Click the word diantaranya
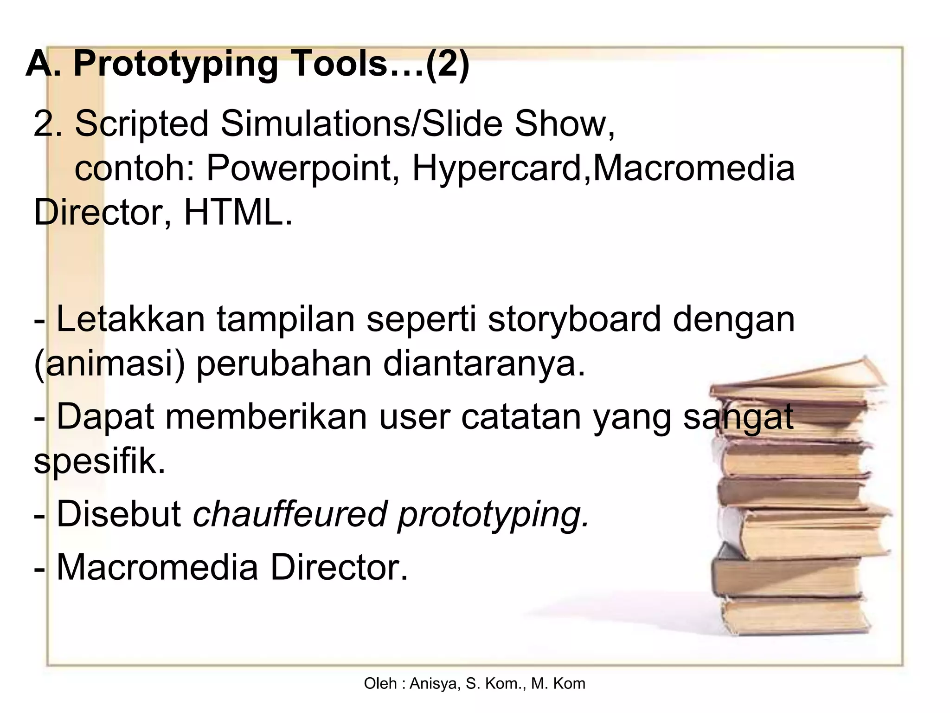tap(484, 364)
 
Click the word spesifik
tap(99, 461)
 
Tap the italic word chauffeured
tap(290, 514)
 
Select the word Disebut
tap(119, 514)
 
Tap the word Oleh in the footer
tap(380, 684)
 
